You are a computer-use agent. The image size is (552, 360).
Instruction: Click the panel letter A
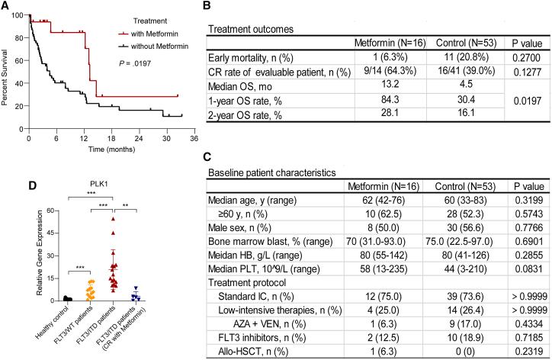point(6,6)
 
